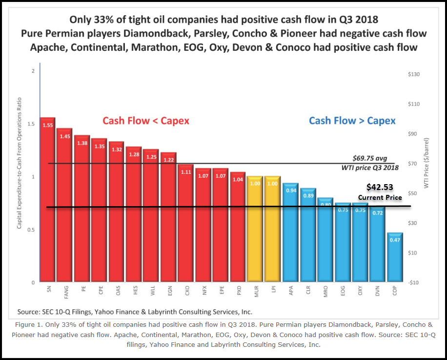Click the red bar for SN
pos(48,200)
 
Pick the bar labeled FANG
pos(64,205)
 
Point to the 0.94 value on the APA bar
pos(291,190)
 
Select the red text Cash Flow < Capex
pos(145,121)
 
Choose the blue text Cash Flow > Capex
pos(352,121)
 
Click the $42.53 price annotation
pos(380,187)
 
